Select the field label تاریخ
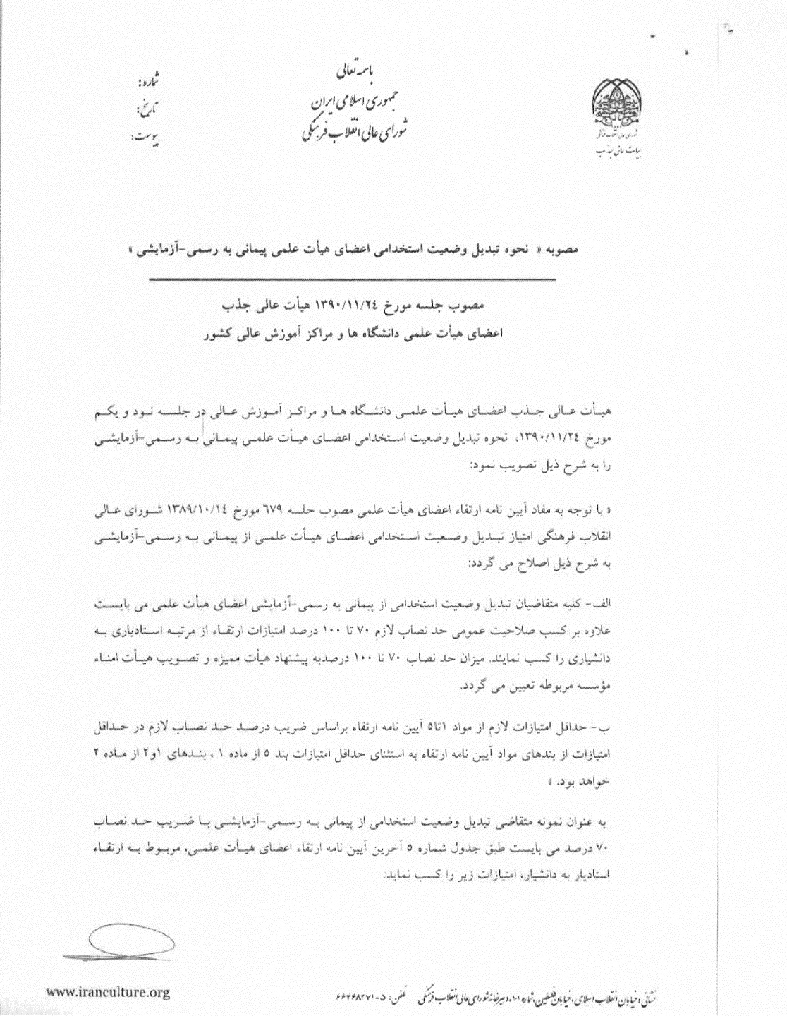tap(145, 109)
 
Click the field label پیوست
tap(145, 136)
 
